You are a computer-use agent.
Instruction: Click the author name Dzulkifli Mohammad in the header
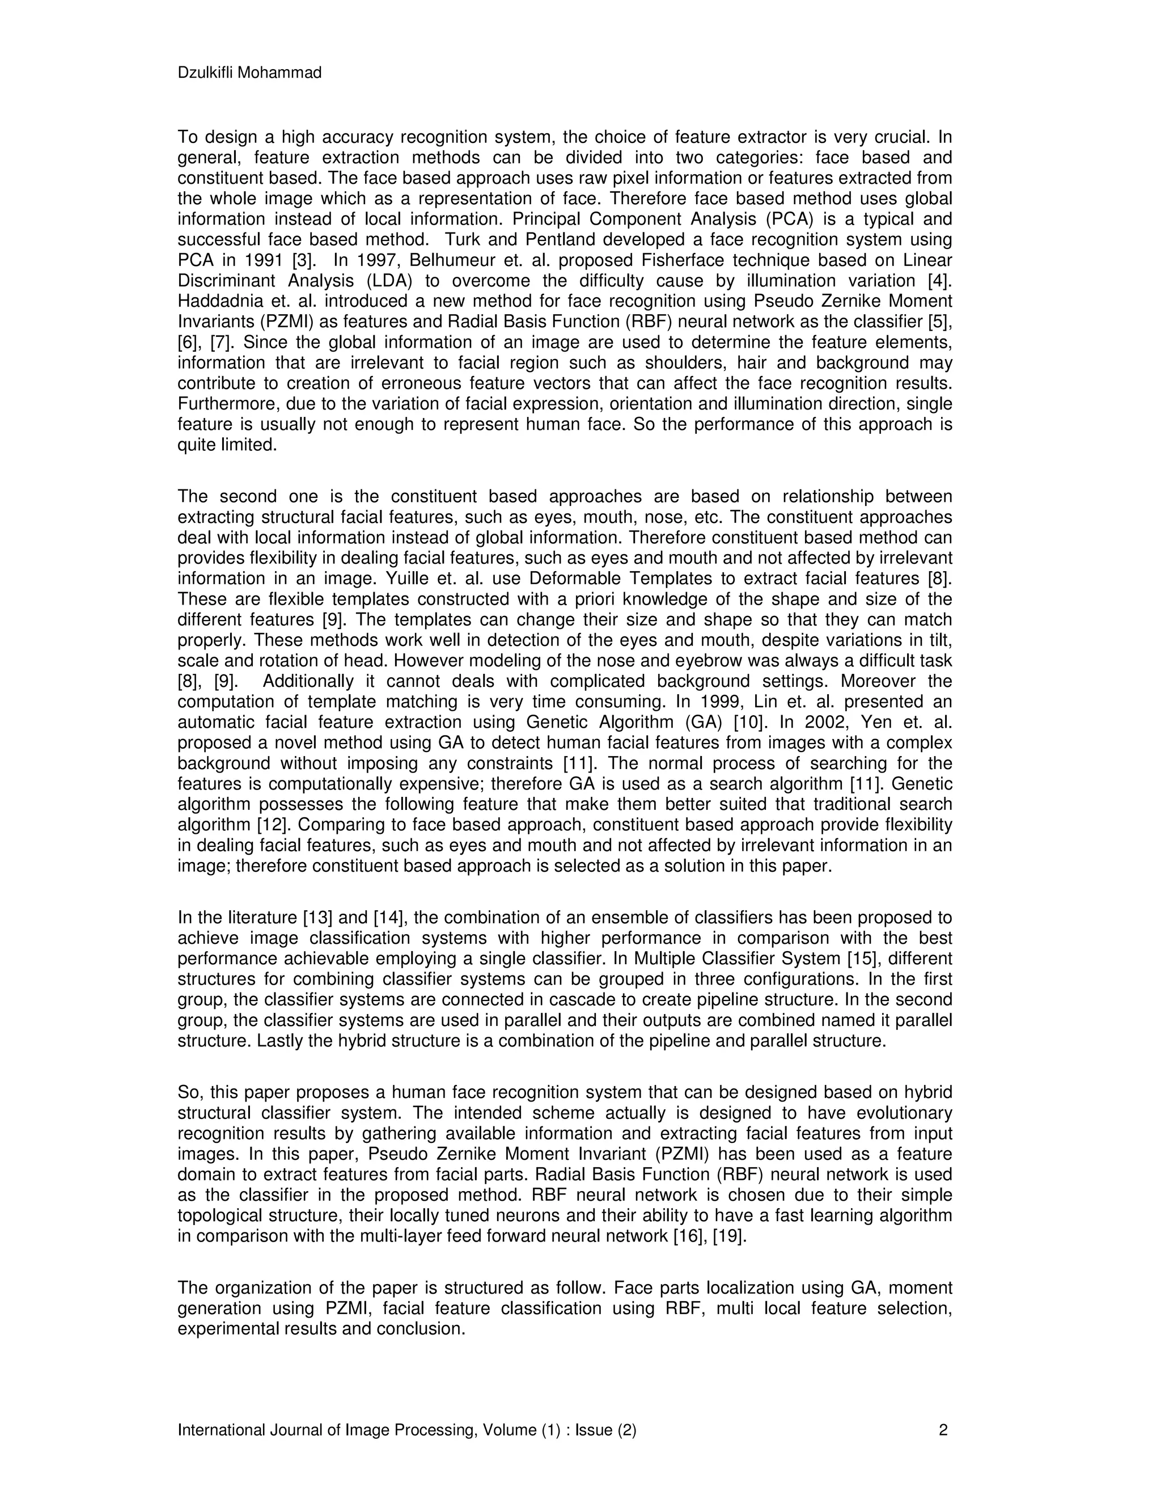click(249, 73)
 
